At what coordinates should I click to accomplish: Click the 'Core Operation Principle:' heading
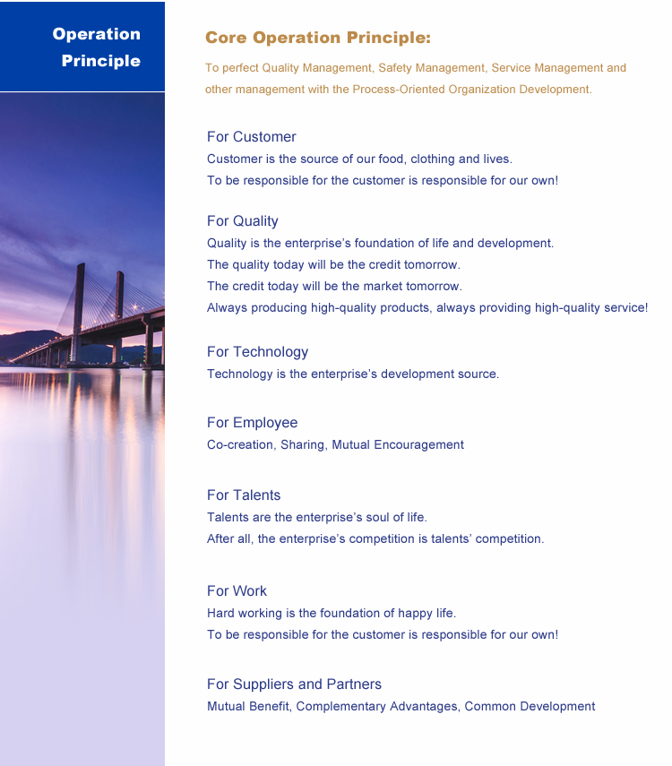tap(318, 38)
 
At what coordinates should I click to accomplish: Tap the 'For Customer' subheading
tap(251, 137)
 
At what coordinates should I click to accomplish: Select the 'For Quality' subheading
tap(242, 221)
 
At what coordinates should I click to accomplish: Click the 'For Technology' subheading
tap(257, 352)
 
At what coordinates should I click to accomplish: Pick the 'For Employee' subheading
tap(252, 423)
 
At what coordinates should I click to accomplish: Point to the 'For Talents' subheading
tap(244, 495)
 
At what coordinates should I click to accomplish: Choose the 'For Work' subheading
tap(237, 591)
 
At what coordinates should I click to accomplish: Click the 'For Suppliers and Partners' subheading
tap(294, 684)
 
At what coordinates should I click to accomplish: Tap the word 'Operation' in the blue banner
tap(97, 34)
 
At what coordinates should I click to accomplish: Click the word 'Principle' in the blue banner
tap(101, 61)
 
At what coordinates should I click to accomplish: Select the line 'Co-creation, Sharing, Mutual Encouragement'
tap(335, 445)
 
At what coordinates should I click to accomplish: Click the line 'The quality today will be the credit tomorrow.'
tap(333, 265)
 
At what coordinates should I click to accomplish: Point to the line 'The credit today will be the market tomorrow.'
tap(334, 287)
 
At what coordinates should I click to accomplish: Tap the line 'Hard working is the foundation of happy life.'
tap(332, 614)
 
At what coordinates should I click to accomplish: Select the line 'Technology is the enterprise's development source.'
tap(353, 374)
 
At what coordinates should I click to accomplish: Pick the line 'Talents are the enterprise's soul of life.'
tap(317, 518)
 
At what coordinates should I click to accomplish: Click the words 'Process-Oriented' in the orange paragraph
tap(396, 90)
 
